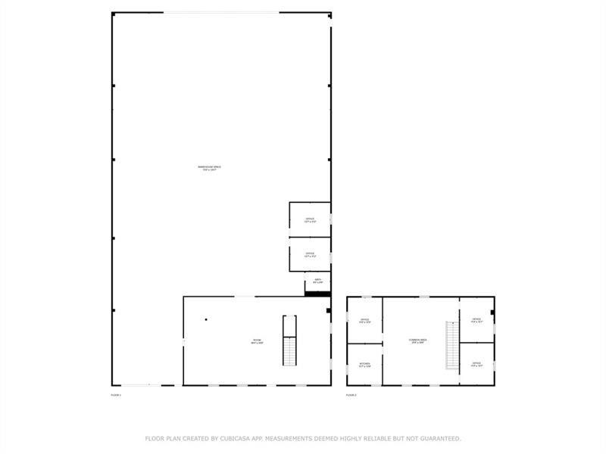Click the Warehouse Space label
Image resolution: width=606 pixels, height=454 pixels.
[x=209, y=167]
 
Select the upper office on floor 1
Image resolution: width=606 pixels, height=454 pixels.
[x=310, y=221]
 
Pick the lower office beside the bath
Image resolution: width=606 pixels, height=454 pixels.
[x=310, y=254]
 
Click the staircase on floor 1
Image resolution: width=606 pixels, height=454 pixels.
[x=289, y=340]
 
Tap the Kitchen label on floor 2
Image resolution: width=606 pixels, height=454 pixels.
[x=364, y=365]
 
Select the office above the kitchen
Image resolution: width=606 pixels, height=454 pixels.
[x=364, y=321]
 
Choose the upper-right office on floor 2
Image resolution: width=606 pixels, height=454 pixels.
[x=476, y=320]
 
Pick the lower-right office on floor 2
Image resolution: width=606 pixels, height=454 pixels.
[x=476, y=364]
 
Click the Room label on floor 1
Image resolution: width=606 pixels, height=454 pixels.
[x=258, y=342]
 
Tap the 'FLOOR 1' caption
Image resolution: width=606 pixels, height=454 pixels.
[x=116, y=395]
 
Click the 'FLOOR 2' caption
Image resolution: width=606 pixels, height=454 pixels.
[x=351, y=395]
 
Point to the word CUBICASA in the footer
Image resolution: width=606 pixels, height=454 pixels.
[x=240, y=438]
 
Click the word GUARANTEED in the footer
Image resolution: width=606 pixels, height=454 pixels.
[x=438, y=438]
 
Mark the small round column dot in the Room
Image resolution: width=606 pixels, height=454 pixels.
[x=205, y=319]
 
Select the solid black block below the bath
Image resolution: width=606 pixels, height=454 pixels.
[x=317, y=294]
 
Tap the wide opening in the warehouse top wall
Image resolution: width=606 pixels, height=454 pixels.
[x=221, y=13]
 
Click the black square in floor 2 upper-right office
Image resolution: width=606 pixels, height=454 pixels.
[x=492, y=312]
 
